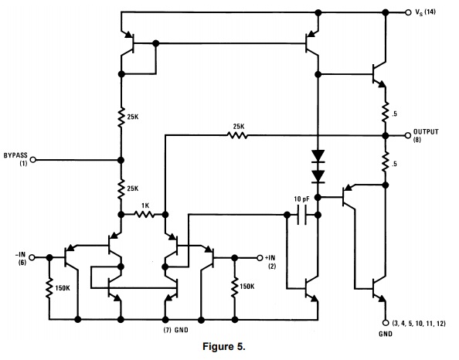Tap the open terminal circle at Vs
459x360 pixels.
[x=407, y=12]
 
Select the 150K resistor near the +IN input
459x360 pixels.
[x=233, y=287]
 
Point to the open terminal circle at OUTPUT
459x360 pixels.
[x=407, y=134]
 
